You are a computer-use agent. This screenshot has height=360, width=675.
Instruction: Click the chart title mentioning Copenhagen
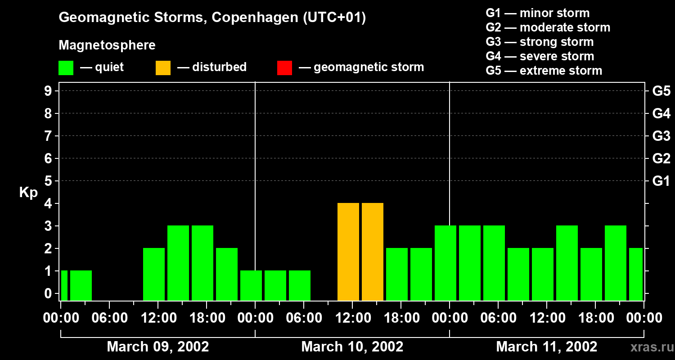tap(212, 18)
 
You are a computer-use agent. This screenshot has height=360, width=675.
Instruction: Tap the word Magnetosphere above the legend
tap(107, 45)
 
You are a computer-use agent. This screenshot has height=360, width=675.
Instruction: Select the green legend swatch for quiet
tap(66, 67)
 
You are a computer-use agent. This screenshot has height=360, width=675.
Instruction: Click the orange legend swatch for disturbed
tap(163, 67)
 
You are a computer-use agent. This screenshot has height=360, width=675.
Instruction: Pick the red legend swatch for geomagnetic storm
tap(284, 67)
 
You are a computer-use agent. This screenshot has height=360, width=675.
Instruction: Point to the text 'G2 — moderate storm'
tap(548, 27)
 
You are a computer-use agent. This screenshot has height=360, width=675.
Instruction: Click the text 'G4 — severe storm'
tap(540, 56)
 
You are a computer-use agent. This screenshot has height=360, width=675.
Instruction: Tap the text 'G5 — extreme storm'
tap(544, 71)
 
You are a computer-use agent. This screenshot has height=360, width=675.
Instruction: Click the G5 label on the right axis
tap(661, 91)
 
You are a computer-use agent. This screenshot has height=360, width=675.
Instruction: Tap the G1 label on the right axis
tap(661, 181)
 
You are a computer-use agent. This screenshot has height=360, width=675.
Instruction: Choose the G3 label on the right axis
tap(661, 136)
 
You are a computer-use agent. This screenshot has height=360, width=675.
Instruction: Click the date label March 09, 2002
tap(157, 346)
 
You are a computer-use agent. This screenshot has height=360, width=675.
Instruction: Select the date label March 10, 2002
tap(352, 346)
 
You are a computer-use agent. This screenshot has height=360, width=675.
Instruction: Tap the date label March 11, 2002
tap(546, 346)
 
